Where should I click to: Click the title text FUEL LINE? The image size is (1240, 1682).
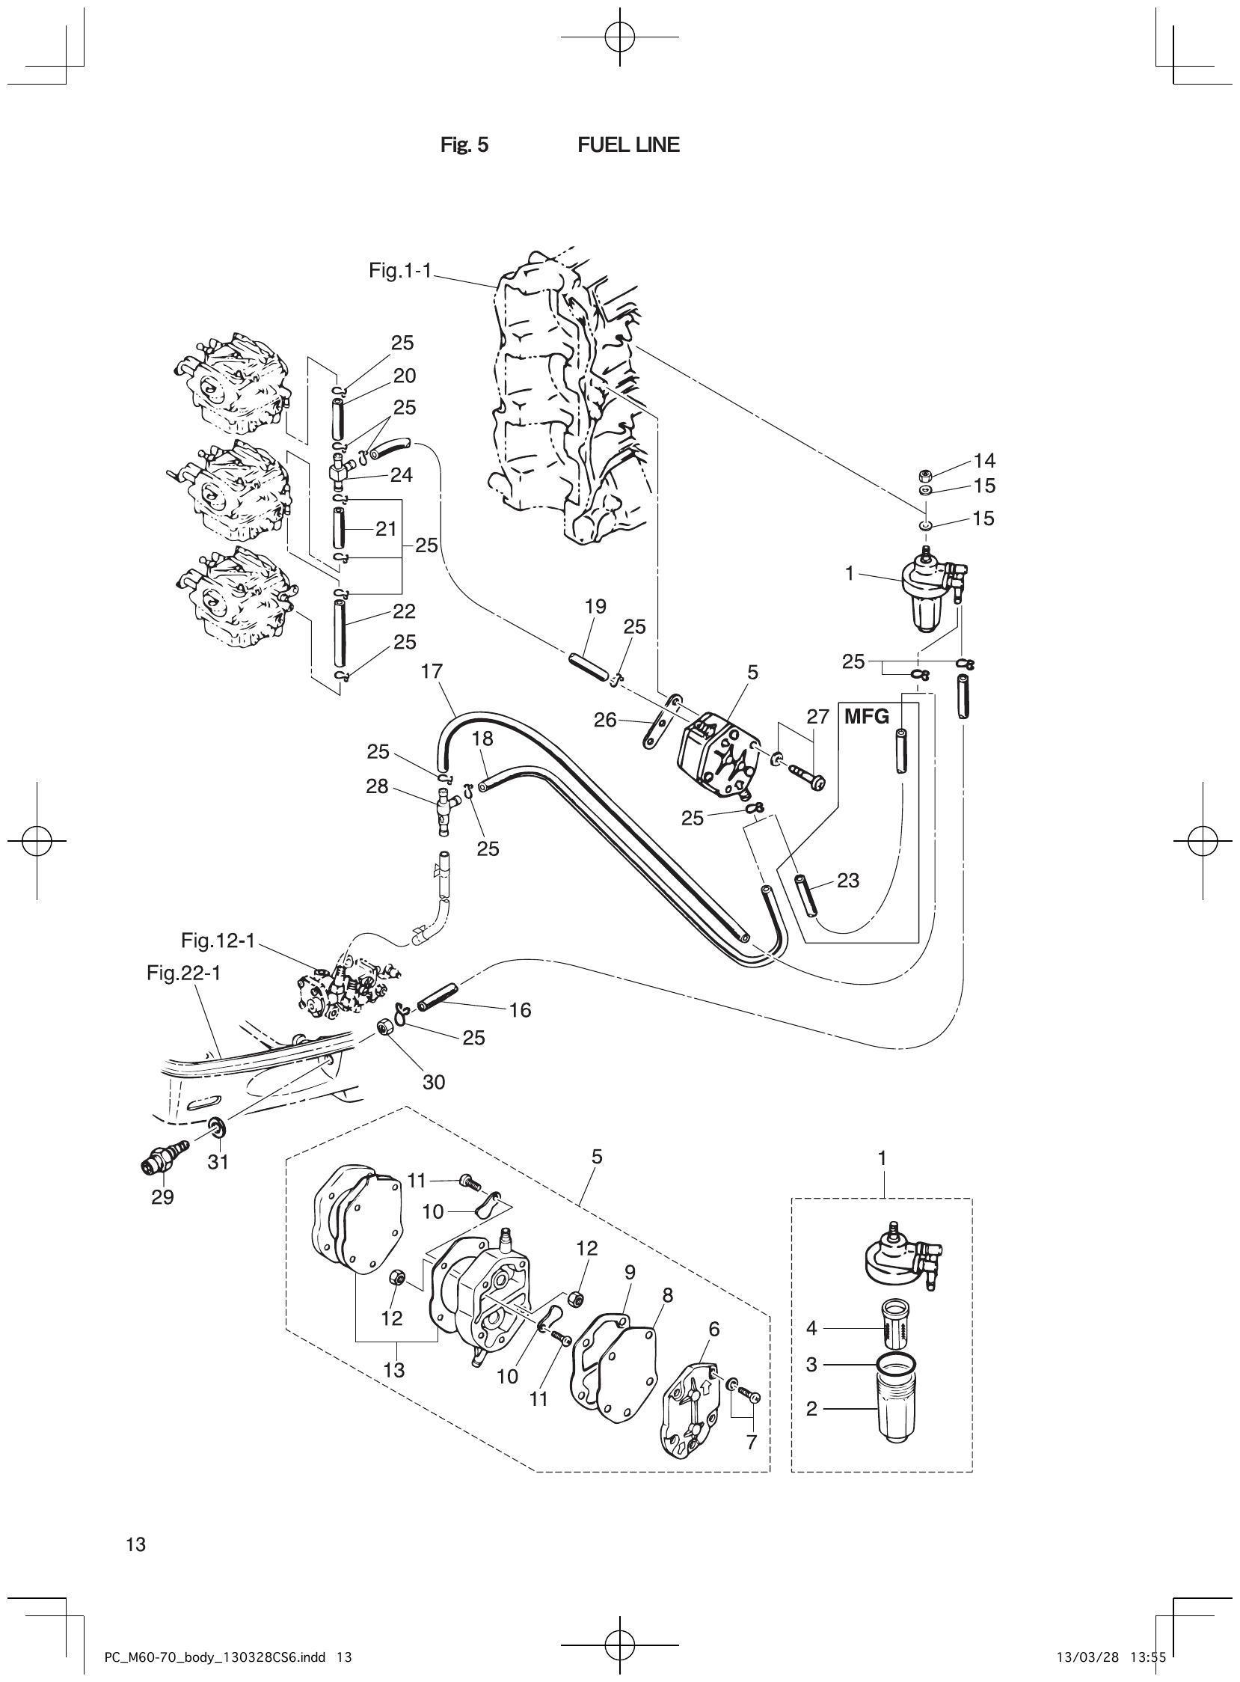coord(628,145)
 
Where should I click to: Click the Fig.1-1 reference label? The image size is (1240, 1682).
coord(399,270)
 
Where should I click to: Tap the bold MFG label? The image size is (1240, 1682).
coord(866,716)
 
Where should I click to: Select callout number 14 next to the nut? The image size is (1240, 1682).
coord(984,459)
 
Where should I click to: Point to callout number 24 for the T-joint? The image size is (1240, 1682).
coord(402,474)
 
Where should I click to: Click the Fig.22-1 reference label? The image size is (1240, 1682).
coord(183,973)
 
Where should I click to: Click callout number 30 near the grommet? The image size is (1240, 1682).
coord(434,1082)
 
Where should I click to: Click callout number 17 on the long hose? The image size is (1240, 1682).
coord(432,670)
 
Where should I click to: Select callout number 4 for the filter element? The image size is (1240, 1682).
coord(811,1328)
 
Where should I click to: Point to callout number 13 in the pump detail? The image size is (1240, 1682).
coord(393,1370)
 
